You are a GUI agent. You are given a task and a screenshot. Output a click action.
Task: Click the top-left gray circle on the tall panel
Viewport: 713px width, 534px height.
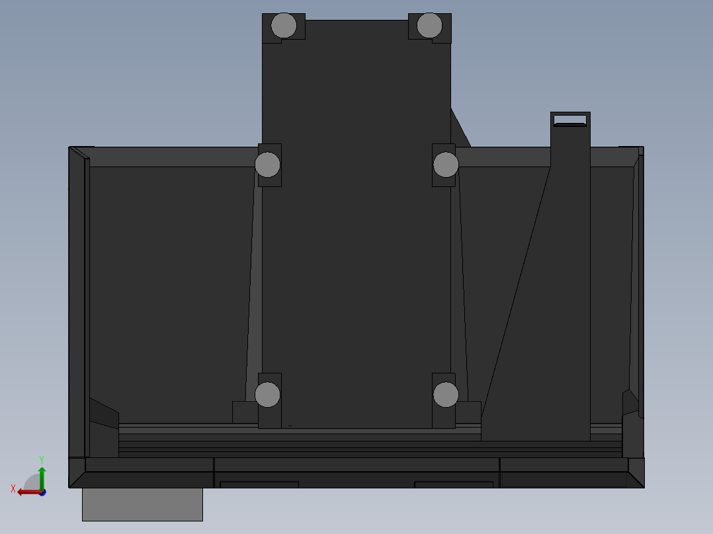(284, 26)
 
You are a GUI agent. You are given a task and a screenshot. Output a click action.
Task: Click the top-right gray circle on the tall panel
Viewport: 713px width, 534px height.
(429, 26)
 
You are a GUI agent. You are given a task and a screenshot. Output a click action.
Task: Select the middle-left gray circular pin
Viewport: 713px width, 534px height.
(268, 165)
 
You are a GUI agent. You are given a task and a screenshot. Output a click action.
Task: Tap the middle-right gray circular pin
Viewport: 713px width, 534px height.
(446, 165)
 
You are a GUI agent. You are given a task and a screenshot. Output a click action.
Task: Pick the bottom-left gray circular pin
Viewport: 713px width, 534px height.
(268, 395)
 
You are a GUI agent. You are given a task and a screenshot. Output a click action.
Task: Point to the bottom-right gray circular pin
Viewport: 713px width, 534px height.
(446, 395)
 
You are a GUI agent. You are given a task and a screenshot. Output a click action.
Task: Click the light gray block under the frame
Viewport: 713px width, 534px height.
(142, 504)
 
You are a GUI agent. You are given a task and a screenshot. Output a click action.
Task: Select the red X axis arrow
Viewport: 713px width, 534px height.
(26, 492)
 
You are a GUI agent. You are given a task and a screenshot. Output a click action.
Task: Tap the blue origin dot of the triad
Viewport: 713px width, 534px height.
(42, 492)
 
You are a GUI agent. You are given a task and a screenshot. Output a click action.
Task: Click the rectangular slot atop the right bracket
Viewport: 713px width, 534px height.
(569, 120)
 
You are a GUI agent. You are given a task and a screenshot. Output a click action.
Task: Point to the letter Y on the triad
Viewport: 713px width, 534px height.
(41, 459)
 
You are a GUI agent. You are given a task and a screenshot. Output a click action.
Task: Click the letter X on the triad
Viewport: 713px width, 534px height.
(13, 488)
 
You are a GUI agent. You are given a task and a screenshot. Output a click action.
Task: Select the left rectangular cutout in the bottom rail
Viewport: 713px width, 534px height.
(259, 484)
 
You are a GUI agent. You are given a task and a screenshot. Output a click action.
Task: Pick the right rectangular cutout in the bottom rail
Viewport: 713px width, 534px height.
(454, 484)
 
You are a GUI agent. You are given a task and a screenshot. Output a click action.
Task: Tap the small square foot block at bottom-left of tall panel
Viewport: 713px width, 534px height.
(245, 412)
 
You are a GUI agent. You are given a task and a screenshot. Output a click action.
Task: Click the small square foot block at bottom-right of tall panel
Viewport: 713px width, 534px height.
(468, 412)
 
